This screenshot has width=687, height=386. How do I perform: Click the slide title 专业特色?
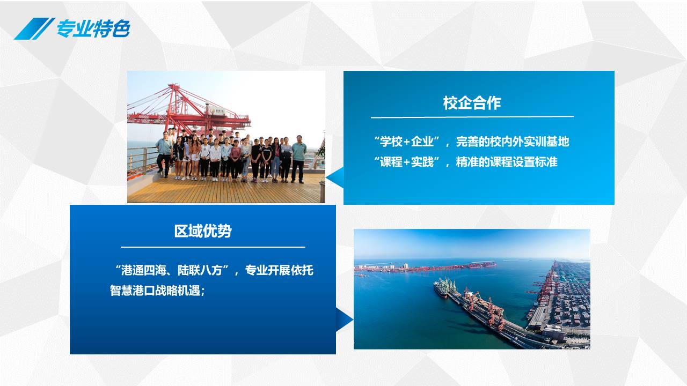(93, 28)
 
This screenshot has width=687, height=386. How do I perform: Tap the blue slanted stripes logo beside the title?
(34, 28)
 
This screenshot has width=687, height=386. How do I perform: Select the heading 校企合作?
(472, 102)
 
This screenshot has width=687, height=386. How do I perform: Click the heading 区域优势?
(203, 231)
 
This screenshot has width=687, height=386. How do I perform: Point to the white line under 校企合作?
(472, 117)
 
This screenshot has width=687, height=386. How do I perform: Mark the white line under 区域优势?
(213, 247)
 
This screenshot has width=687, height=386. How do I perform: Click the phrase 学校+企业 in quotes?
(407, 142)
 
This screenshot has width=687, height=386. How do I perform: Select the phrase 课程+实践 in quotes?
(407, 162)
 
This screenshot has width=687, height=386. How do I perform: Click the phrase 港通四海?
(144, 270)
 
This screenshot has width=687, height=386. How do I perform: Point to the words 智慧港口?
(132, 291)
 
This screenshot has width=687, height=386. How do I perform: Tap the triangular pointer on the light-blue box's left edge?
(334, 177)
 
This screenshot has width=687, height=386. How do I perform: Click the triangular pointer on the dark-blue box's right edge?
(344, 320)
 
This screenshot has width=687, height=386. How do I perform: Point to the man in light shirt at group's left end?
(164, 154)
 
